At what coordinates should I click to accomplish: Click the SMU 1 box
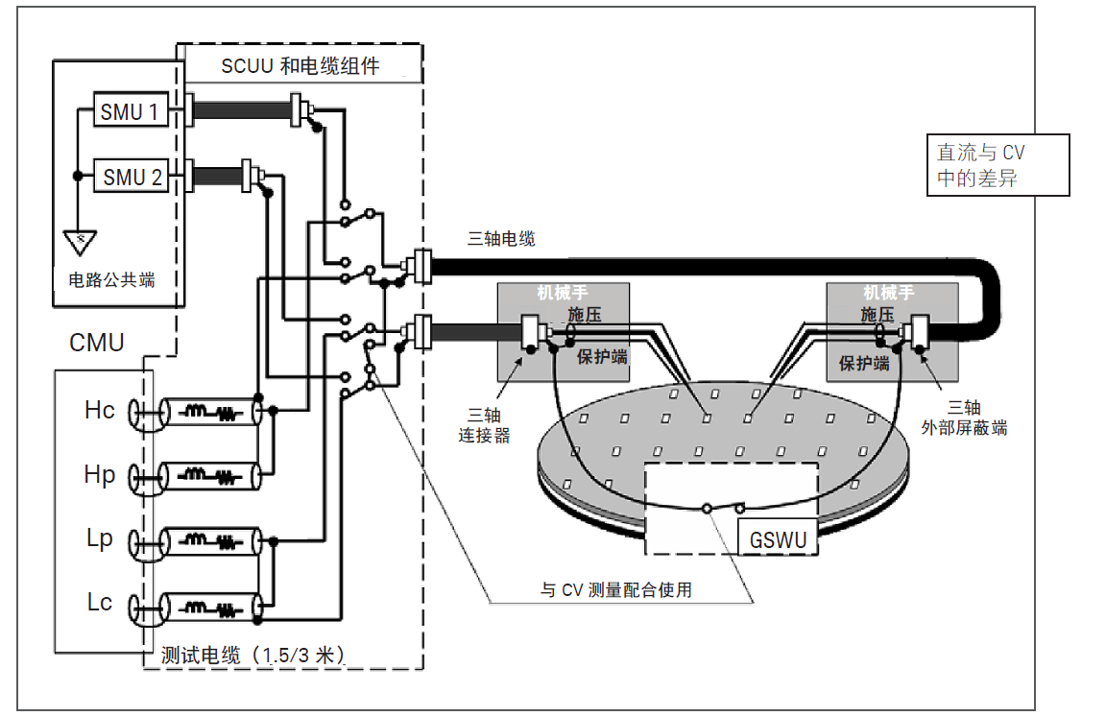(130, 111)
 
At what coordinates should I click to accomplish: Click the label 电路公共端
(111, 280)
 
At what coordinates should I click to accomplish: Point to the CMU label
(97, 343)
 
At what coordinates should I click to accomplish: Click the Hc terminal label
(100, 410)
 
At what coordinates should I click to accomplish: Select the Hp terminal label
(100, 474)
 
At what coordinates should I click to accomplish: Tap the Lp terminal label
(100, 538)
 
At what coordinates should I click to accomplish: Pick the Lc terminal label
(100, 603)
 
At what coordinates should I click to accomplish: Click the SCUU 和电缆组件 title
(301, 66)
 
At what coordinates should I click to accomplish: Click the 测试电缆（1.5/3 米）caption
(252, 656)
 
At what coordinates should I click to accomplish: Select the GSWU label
(778, 539)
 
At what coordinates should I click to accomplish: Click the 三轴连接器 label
(486, 424)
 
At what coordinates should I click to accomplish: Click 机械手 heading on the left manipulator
(563, 293)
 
